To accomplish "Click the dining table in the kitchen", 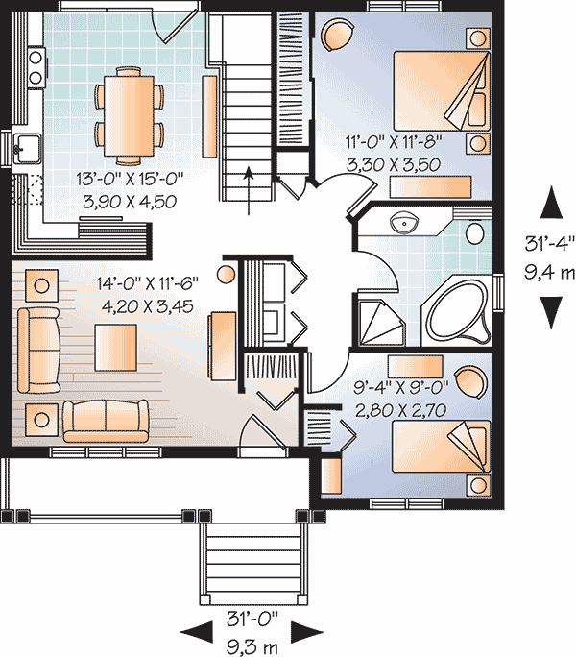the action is click(x=129, y=115).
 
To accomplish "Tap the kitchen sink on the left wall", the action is click(x=26, y=149).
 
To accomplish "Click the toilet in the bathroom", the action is click(x=474, y=233).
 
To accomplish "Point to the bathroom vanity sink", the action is click(x=404, y=222).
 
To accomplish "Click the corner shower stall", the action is click(x=382, y=322).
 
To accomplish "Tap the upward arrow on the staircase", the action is click(x=249, y=190).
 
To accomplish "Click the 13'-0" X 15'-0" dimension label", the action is click(x=130, y=179).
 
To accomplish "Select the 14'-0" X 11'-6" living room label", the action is click(x=147, y=283).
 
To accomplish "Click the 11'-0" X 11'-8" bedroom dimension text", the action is click(x=394, y=141).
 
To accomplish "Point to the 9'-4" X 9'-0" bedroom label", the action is click(x=400, y=388).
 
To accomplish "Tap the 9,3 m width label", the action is click(x=252, y=647).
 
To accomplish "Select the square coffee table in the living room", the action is click(x=115, y=348).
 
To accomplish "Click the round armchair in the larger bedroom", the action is click(x=337, y=36).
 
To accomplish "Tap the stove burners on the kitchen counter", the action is click(x=36, y=67).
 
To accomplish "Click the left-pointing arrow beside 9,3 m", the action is click(x=196, y=633).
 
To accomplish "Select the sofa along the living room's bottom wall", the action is click(x=106, y=421).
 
